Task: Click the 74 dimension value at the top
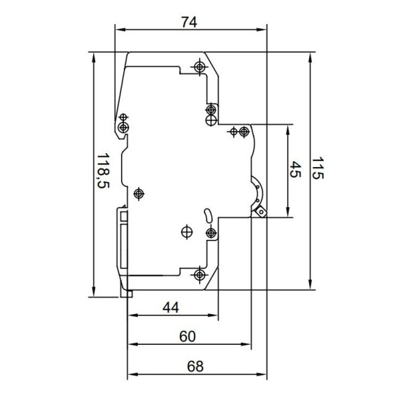[190, 22]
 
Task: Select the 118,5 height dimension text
[104, 171]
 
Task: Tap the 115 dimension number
[318, 168]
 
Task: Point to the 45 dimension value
[295, 169]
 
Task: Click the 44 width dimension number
[171, 308]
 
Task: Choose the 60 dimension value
[187, 337]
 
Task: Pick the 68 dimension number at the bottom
[195, 366]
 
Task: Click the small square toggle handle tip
[261, 211]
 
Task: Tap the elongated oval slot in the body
[207, 215]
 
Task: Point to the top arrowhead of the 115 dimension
[310, 58]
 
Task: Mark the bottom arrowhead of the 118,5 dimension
[94, 292]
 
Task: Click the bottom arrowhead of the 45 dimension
[288, 212]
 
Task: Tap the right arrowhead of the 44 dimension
[213, 315]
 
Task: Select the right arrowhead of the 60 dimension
[246, 344]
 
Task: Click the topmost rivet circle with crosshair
[200, 67]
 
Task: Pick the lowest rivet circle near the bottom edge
[200, 275]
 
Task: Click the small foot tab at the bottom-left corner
[127, 294]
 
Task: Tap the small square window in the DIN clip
[124, 217]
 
